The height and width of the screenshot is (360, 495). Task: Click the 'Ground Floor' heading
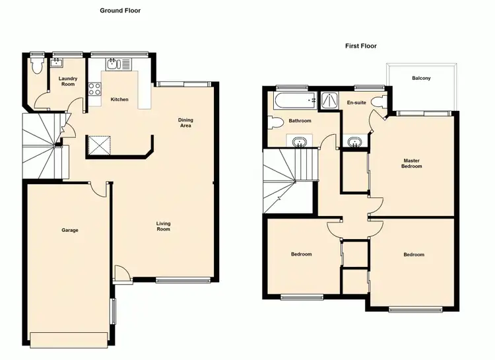pos(120,11)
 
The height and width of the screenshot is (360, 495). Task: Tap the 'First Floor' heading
pos(360,46)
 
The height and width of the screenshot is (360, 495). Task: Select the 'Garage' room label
pos(70,231)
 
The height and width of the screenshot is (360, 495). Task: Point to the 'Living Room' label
pos(163,227)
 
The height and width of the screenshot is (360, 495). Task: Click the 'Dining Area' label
pos(185,122)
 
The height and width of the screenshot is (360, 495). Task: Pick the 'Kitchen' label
pos(119,100)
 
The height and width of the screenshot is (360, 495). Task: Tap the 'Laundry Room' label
pos(69,81)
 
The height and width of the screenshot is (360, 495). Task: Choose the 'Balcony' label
pos(421,79)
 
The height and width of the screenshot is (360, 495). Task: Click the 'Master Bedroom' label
pos(412,163)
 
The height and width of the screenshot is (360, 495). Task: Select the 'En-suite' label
pos(356,103)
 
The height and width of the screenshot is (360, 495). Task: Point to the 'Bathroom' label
pos(300,121)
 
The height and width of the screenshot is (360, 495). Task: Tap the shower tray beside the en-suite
pos(327,100)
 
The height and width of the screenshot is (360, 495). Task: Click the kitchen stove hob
pos(94,87)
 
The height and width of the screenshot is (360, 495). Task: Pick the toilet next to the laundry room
pos(36,66)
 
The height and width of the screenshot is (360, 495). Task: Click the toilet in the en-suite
pos(379,102)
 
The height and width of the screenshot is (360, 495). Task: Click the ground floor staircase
pos(41,145)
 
